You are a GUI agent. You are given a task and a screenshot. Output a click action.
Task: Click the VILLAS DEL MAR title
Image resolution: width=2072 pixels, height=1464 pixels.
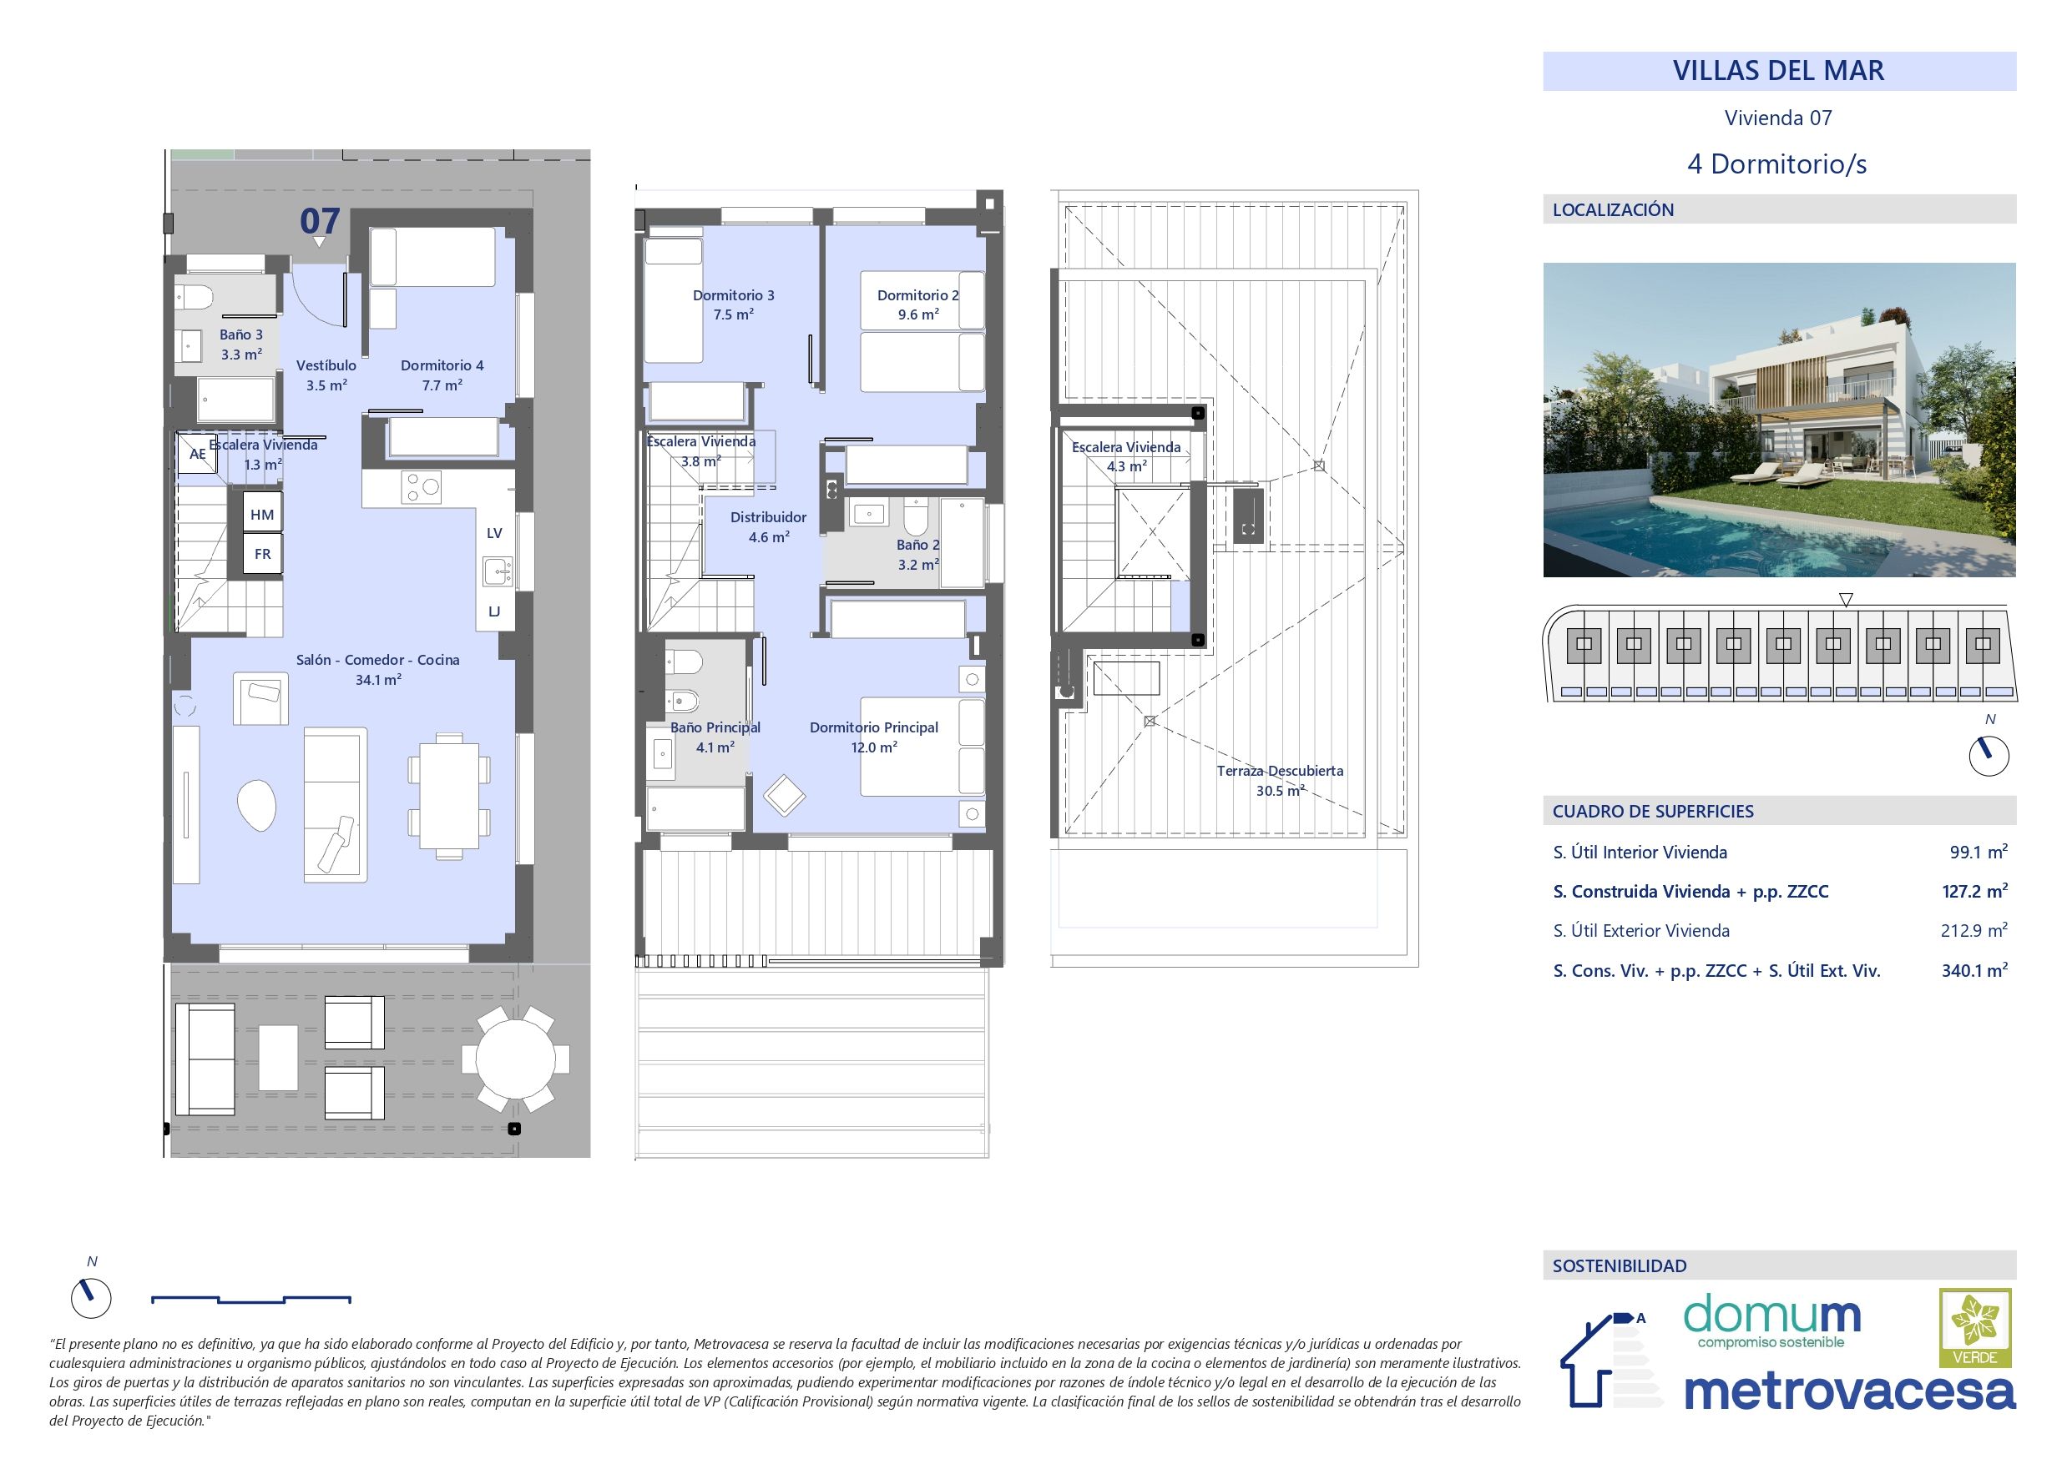pyautogui.click(x=1778, y=71)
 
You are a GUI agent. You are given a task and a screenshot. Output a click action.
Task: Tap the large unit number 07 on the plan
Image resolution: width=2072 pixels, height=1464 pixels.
pyautogui.click(x=320, y=221)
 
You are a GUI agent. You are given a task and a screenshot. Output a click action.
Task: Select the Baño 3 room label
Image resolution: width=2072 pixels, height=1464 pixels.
pyautogui.click(x=241, y=345)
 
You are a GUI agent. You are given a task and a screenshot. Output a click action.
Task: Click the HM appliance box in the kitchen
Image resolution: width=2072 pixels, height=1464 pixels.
pyautogui.click(x=263, y=515)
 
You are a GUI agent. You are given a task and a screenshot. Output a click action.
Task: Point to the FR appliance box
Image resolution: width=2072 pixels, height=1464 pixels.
pyautogui.click(x=263, y=554)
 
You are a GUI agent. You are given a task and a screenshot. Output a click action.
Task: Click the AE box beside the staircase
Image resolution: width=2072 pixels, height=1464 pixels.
pyautogui.click(x=197, y=454)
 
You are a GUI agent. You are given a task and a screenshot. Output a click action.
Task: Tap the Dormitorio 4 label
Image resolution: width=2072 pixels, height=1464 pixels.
pyautogui.click(x=442, y=375)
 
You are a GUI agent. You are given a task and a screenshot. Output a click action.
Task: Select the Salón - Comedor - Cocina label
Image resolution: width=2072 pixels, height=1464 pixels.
pyautogui.click(x=377, y=669)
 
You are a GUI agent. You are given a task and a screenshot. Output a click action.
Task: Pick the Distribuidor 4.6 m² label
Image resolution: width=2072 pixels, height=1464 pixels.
pyautogui.click(x=768, y=526)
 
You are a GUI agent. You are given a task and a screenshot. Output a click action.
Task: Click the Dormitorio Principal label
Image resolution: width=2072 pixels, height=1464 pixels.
pyautogui.click(x=873, y=737)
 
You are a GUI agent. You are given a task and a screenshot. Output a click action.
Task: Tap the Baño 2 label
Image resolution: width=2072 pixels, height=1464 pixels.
pyautogui.click(x=917, y=555)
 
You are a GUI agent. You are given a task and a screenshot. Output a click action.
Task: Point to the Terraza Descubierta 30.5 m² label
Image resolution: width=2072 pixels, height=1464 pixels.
pyautogui.click(x=1280, y=780)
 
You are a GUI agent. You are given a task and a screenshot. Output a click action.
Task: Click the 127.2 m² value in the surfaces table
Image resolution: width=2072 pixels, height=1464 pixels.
pyautogui.click(x=1973, y=892)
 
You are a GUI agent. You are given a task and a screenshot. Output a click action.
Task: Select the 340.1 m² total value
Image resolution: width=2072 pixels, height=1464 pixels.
pyautogui.click(x=1973, y=972)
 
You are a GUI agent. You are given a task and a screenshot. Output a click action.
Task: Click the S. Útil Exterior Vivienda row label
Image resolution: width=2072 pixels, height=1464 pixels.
pyautogui.click(x=1640, y=931)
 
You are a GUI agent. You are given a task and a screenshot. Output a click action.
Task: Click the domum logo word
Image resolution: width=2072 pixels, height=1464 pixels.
pyautogui.click(x=1771, y=1317)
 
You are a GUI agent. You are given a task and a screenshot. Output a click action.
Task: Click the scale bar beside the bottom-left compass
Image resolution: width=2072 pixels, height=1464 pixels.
pyautogui.click(x=251, y=1300)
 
